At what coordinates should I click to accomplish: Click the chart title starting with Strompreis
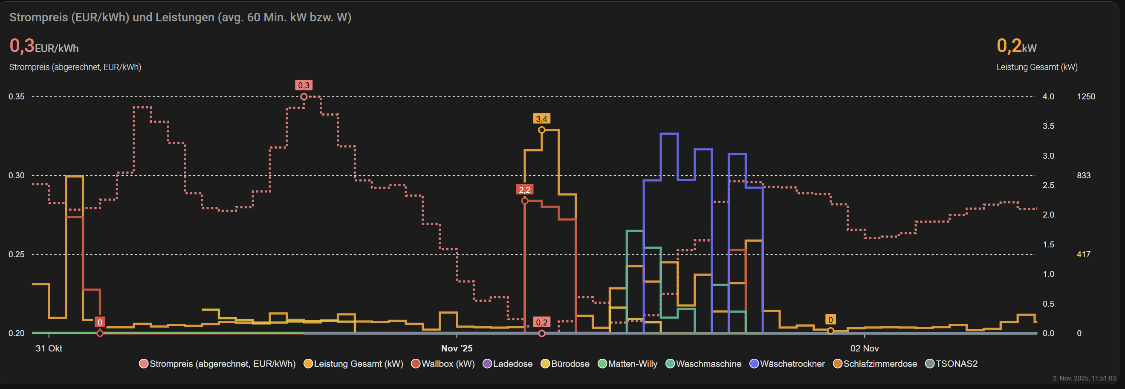click(x=180, y=17)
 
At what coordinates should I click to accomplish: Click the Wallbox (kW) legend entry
click(x=443, y=364)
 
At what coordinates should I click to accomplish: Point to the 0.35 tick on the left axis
click(x=17, y=96)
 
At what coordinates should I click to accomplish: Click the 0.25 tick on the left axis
click(x=17, y=254)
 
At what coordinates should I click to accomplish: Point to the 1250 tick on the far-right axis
click(x=1086, y=96)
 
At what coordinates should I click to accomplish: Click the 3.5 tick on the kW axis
click(x=1048, y=126)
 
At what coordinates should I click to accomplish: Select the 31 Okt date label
click(x=49, y=348)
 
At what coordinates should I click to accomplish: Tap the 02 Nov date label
click(x=864, y=348)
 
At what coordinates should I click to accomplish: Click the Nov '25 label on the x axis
click(x=457, y=348)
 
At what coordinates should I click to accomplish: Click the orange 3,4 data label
click(x=541, y=119)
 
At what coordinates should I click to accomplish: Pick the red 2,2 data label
click(x=524, y=190)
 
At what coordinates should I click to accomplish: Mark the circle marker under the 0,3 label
click(x=304, y=96)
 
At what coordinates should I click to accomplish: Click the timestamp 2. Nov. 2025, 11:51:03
click(x=1084, y=378)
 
